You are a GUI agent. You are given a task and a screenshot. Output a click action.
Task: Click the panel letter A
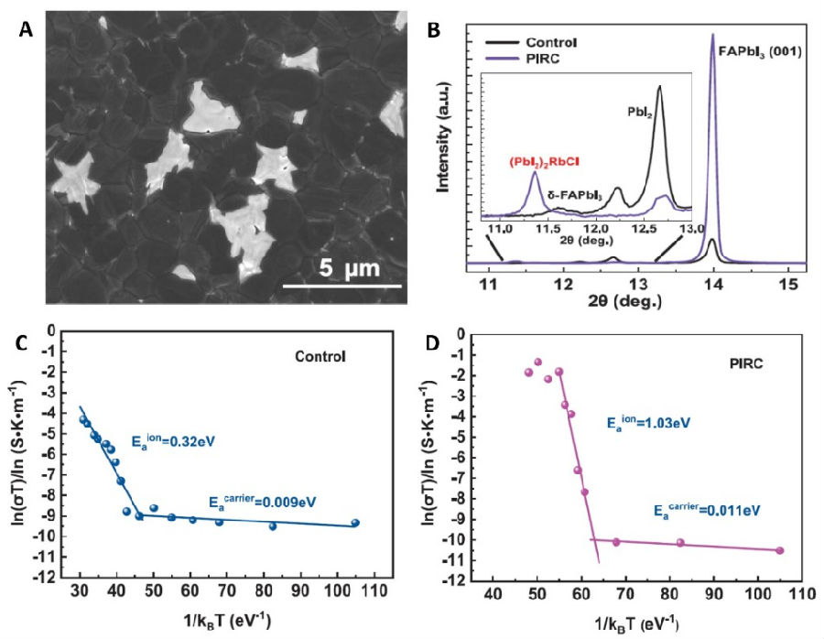pyautogui.click(x=26, y=29)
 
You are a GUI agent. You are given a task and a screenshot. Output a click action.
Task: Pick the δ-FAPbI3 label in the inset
pyautogui.click(x=573, y=195)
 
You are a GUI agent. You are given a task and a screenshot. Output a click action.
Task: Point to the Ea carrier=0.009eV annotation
pyautogui.click(x=266, y=501)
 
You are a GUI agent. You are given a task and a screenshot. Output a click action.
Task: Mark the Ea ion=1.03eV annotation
pyautogui.click(x=647, y=423)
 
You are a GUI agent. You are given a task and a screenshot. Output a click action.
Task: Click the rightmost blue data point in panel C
pyautogui.click(x=355, y=523)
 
